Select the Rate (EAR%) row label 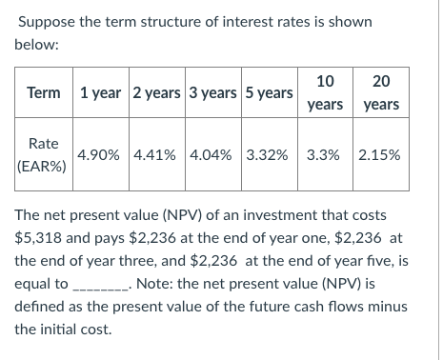tap(44, 153)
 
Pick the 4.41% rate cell tap(156, 154)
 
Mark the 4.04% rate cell tap(212, 154)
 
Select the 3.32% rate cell tap(268, 154)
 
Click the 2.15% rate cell tap(380, 154)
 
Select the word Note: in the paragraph tap(155, 283)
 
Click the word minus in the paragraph tap(389, 307)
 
